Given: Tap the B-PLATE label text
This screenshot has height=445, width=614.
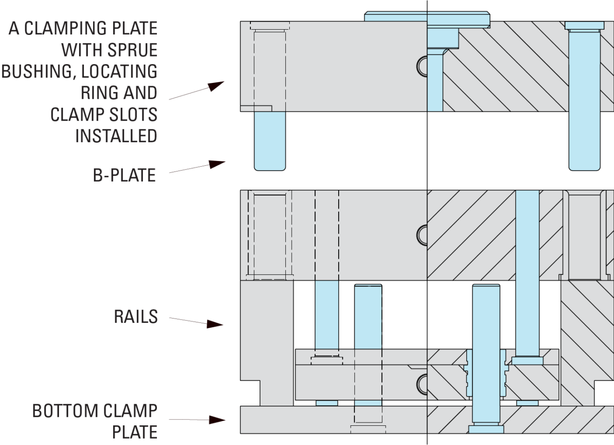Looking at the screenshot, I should click(125, 175).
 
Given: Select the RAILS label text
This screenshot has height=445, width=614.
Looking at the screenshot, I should click(136, 317).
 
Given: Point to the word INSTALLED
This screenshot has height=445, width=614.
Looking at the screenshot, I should click(116, 136).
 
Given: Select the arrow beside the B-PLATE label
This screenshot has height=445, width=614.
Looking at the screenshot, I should click(197, 168).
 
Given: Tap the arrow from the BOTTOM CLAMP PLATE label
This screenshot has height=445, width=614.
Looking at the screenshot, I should click(197, 420).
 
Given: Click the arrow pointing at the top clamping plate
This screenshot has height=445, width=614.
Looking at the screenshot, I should click(197, 91).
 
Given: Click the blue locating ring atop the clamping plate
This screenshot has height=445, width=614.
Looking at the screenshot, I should click(426, 17).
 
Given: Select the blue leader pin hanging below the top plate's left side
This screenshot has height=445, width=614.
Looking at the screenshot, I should click(270, 140).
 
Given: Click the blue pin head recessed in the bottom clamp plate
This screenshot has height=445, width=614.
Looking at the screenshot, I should click(486, 429).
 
